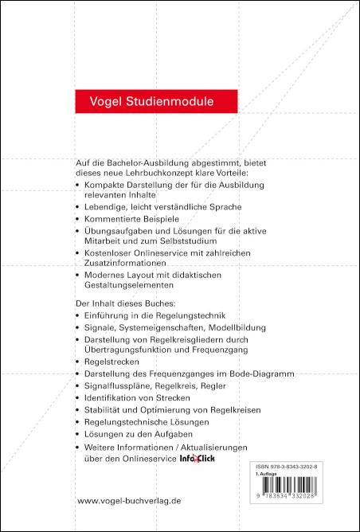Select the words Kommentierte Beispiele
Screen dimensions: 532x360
pyautogui.click(x=132, y=217)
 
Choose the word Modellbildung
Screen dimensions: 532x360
pyautogui.click(x=232, y=327)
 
